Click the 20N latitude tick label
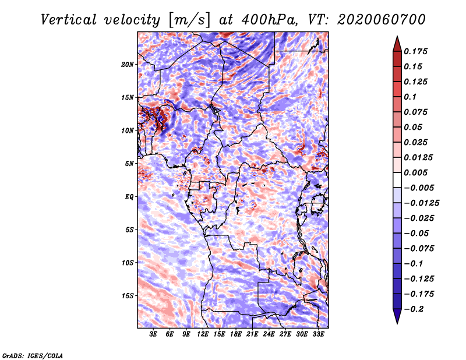[x=128, y=65]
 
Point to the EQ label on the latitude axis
[x=129, y=197]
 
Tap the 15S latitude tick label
[x=128, y=296]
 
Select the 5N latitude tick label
[x=129, y=164]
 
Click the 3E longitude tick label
[x=153, y=334]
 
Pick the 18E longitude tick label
[x=235, y=334]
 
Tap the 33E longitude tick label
[x=318, y=334]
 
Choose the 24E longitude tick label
[x=269, y=334]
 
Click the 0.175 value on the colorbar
[x=415, y=51]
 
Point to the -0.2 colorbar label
[x=414, y=309]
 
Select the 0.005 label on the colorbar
[x=415, y=172]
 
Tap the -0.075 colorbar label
[x=419, y=249]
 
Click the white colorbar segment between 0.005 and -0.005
[x=397, y=180]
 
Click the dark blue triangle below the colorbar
[x=397, y=316]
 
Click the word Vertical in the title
[x=69, y=20]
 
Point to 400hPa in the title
[x=269, y=20]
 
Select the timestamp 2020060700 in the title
[x=382, y=20]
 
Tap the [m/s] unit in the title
[x=189, y=20]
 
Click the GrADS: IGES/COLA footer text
[x=33, y=356]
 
